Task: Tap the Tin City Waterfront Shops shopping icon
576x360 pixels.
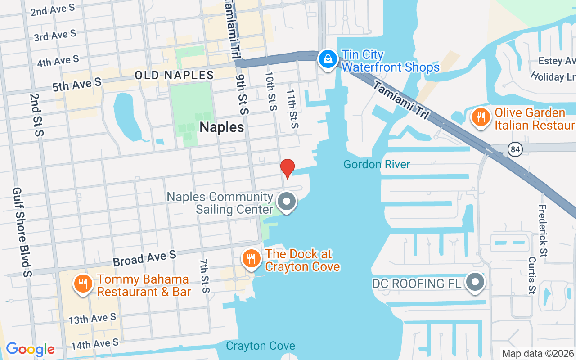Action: click(328, 59)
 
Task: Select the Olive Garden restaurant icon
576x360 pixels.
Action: click(481, 117)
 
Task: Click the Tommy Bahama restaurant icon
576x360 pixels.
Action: click(82, 284)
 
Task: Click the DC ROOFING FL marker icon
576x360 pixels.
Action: click(475, 283)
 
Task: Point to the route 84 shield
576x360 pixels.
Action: click(514, 149)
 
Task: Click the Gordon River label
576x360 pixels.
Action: click(377, 164)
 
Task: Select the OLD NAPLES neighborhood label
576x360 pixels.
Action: click(175, 75)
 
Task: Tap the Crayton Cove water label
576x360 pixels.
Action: click(261, 346)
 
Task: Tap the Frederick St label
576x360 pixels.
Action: click(543, 231)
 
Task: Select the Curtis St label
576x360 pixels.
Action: click(532, 274)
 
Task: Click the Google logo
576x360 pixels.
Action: click(30, 349)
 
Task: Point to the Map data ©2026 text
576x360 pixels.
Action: click(538, 353)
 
